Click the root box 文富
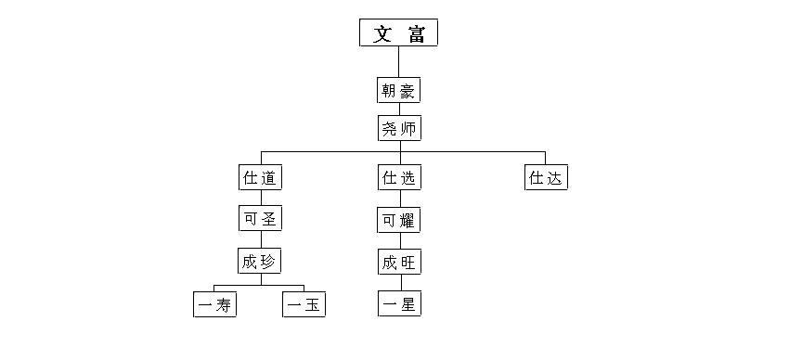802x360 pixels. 398,33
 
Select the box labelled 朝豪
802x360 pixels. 399,91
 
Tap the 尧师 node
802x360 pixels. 399,127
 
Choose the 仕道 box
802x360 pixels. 260,177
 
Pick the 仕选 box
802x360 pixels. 399,177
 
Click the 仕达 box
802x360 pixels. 545,177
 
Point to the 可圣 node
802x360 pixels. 260,219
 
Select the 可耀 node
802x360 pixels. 399,220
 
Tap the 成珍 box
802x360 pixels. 260,261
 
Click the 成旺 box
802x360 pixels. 399,262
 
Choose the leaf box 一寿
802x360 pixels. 214,303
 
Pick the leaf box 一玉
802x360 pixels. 304,303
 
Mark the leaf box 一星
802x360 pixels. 399,303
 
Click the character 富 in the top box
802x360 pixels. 417,34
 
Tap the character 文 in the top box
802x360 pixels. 382,34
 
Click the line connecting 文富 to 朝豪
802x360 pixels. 399,62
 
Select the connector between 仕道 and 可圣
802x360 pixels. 260,198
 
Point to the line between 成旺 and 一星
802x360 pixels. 399,283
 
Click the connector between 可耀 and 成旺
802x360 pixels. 399,240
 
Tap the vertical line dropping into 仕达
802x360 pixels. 545,158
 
